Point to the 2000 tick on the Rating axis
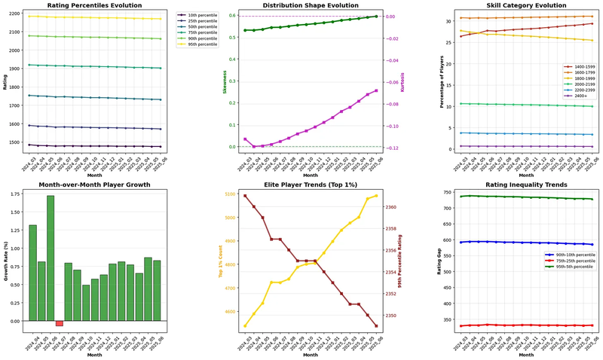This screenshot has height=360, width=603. (x=15, y=50)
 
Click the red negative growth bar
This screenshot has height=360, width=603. (x=60, y=323)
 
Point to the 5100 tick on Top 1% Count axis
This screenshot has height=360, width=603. (x=225, y=194)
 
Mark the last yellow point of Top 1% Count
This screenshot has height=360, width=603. (x=376, y=196)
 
